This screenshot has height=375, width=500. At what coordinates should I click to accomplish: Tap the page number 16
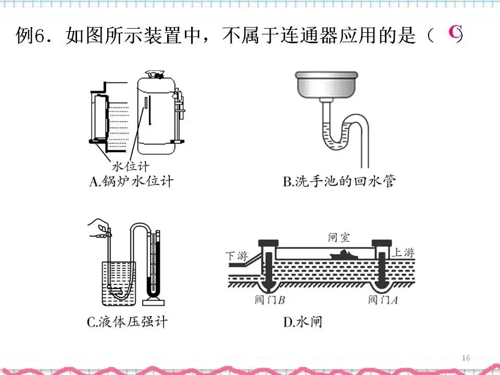(x=466, y=358)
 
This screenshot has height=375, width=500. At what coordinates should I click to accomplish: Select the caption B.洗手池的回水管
(x=340, y=182)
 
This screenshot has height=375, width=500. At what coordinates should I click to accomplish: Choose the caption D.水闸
(x=303, y=322)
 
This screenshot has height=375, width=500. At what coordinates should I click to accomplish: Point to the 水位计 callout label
(x=130, y=167)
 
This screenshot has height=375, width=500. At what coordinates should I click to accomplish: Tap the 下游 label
(x=235, y=256)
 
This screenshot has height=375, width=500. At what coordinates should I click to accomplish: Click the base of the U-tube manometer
(x=155, y=302)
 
